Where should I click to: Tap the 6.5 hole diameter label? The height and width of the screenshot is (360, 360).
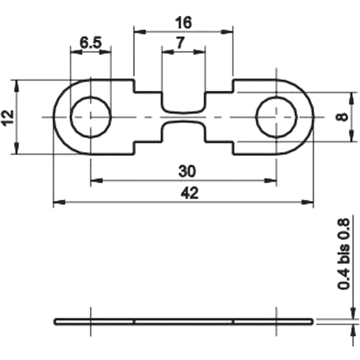pos(90,43)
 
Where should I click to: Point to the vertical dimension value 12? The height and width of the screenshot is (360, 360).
pos(8,116)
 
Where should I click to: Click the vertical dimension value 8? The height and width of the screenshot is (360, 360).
pos(341,117)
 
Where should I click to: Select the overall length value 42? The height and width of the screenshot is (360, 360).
pos(184,194)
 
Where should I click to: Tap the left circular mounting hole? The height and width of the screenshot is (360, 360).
pos(91,117)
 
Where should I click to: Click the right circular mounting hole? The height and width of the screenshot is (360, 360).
pos(277,117)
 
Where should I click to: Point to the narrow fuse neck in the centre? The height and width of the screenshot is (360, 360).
pos(184,117)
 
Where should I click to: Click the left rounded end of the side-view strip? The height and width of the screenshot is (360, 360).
pos(57,322)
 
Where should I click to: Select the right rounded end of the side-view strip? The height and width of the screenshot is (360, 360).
pos(311,322)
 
